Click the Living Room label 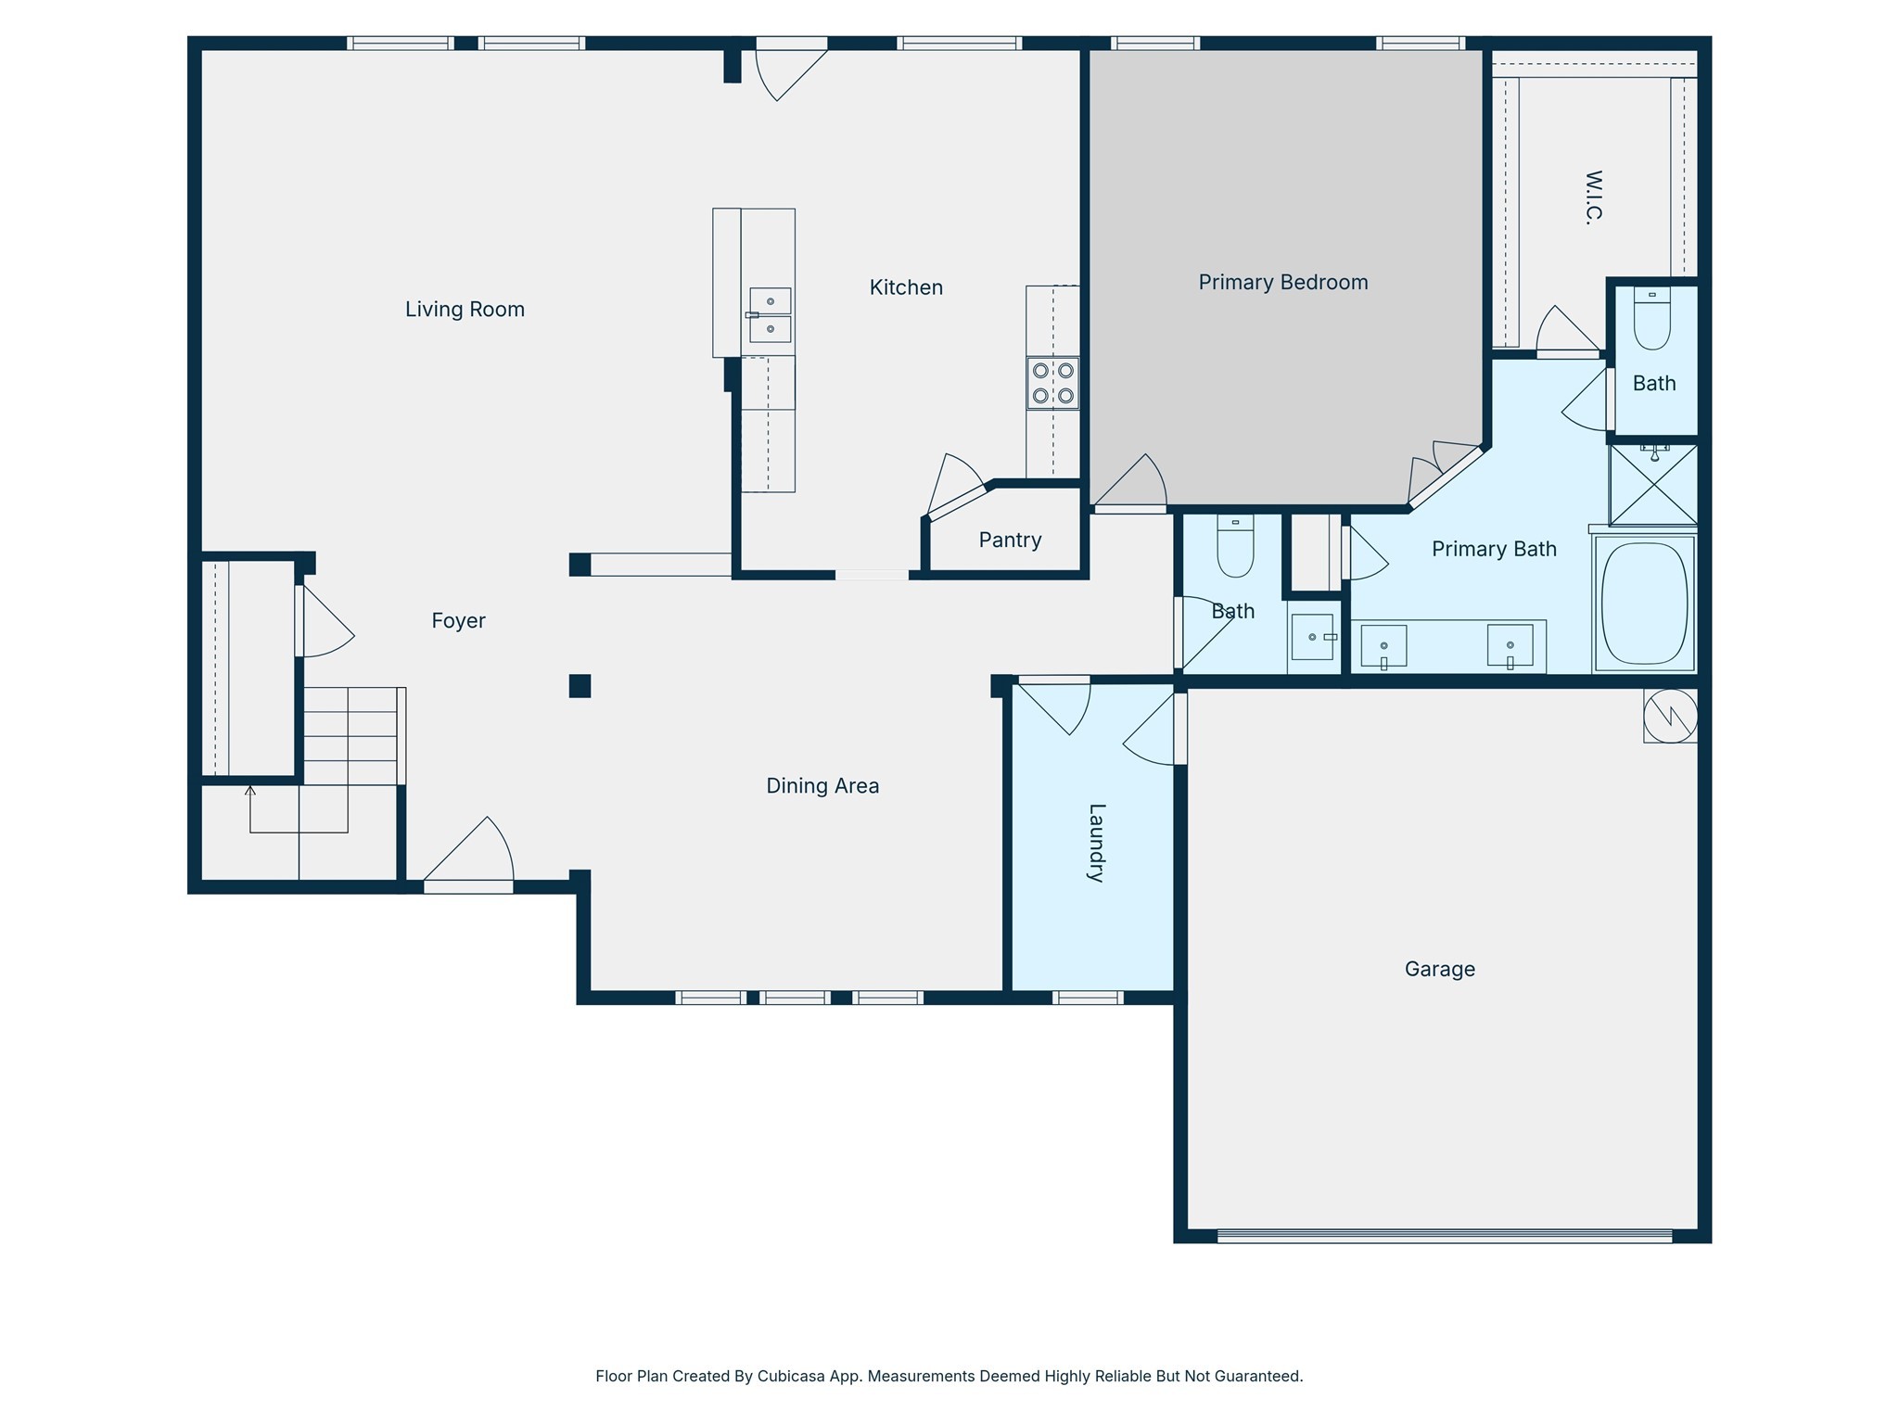pyautogui.click(x=465, y=310)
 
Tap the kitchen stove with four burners pyautogui.click(x=1052, y=383)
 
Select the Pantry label pyautogui.click(x=1010, y=540)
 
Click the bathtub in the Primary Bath pyautogui.click(x=1644, y=604)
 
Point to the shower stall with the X pyautogui.click(x=1653, y=485)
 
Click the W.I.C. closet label pyautogui.click(x=1593, y=197)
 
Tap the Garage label pyautogui.click(x=1439, y=969)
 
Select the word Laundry pyautogui.click(x=1096, y=842)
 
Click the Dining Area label pyautogui.click(x=822, y=786)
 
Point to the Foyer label pyautogui.click(x=458, y=621)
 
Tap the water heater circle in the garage pyautogui.click(x=1670, y=716)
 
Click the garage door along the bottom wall pyautogui.click(x=1444, y=1236)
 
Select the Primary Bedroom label pyautogui.click(x=1282, y=283)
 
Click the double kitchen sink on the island pyautogui.click(x=770, y=315)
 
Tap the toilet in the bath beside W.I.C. pyautogui.click(x=1651, y=320)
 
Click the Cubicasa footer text pyautogui.click(x=949, y=1376)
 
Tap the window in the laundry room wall pyautogui.click(x=1088, y=998)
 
